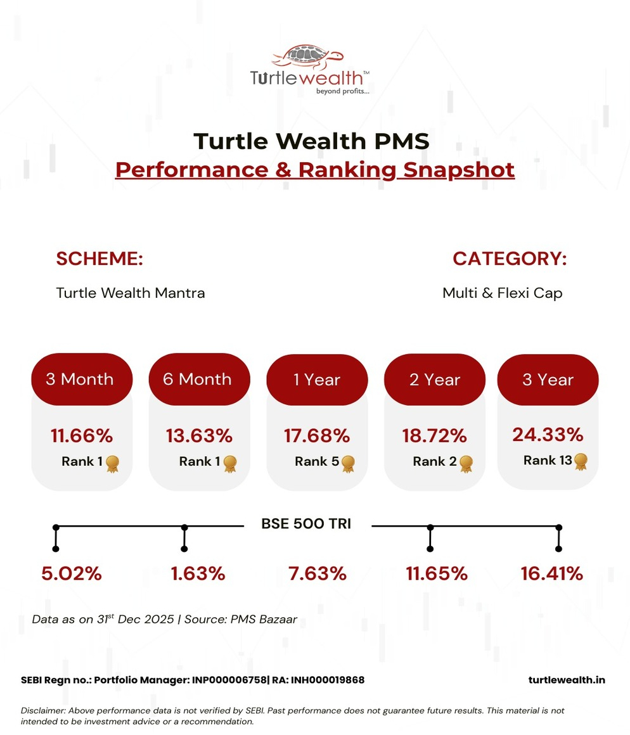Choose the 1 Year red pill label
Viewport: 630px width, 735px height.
(317, 380)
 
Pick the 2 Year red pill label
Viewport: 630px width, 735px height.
(435, 380)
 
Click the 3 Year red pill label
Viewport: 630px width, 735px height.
(548, 380)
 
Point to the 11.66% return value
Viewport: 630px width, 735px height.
(82, 436)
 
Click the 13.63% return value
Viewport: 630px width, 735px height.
(199, 436)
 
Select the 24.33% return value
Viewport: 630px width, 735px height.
(548, 435)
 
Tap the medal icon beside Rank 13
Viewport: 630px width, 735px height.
(581, 461)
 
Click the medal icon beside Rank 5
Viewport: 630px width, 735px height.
(348, 463)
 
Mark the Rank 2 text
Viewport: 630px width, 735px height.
(435, 462)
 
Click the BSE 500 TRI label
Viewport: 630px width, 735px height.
(306, 524)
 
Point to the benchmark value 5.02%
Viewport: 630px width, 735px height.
(72, 574)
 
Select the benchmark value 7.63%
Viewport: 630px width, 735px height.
(317, 574)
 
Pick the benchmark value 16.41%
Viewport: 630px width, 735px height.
(551, 574)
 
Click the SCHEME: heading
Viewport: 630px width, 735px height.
(100, 259)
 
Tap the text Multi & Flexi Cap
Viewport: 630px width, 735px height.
(502, 293)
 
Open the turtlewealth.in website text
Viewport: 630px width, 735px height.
(567, 680)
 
